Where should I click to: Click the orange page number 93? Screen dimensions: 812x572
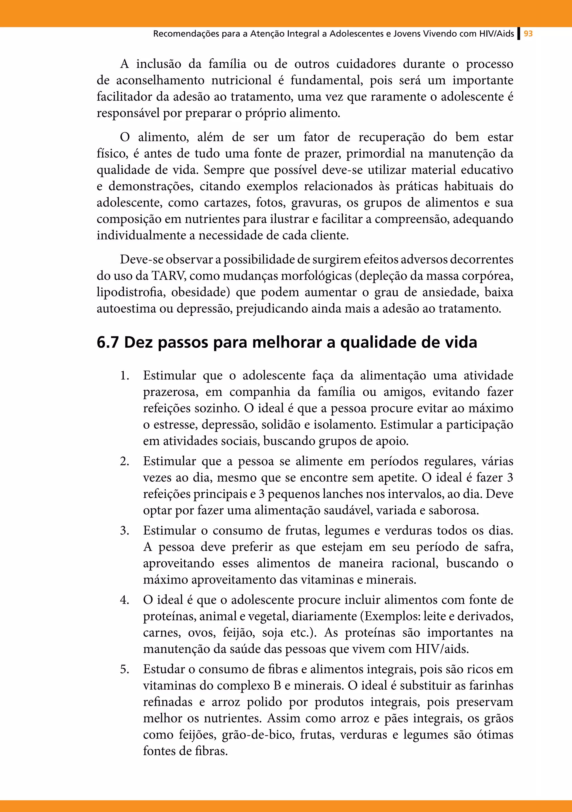coord(528,34)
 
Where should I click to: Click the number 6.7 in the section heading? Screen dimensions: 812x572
coord(108,342)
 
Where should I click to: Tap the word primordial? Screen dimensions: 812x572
coord(375,153)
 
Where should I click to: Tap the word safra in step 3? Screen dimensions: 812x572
coord(499,547)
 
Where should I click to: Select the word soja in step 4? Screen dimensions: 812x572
coord(272,633)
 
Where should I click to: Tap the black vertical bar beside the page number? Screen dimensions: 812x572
coord(519,34)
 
